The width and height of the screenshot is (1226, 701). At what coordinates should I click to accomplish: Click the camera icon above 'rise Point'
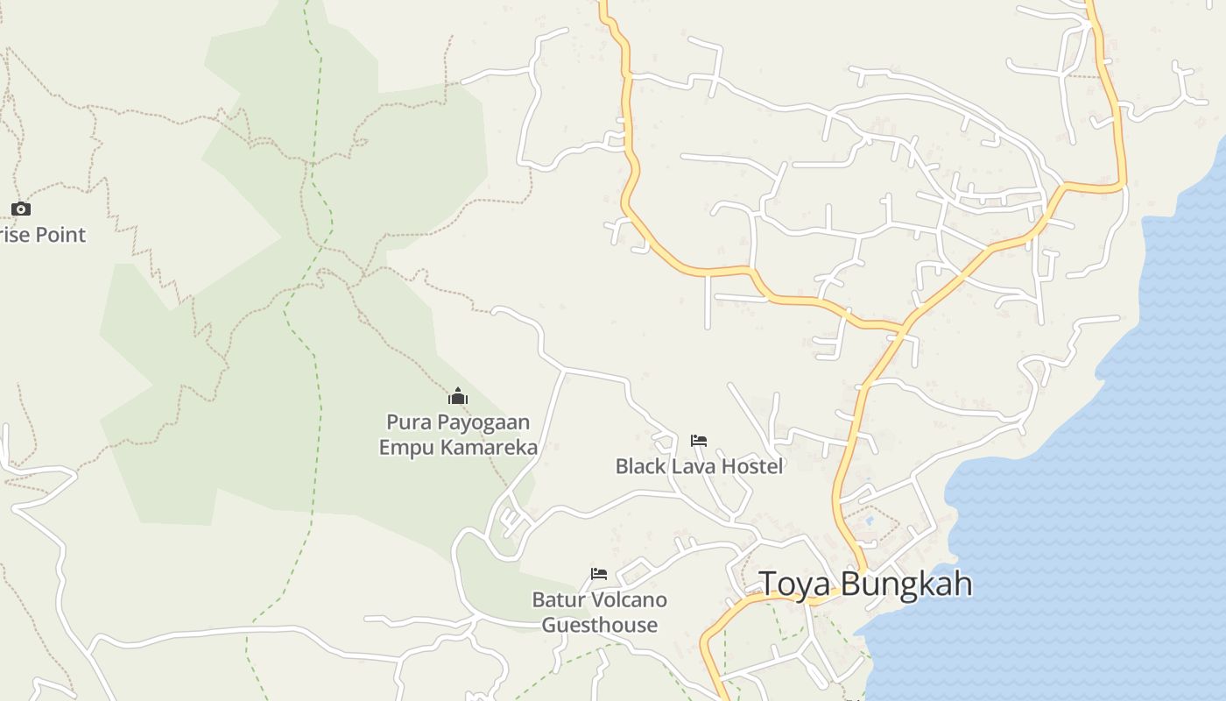(x=21, y=209)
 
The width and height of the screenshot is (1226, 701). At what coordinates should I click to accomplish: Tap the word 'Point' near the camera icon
(x=56, y=235)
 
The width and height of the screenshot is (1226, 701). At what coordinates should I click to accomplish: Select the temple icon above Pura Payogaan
(x=458, y=396)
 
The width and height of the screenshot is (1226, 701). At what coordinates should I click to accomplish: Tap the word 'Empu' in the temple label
(x=405, y=448)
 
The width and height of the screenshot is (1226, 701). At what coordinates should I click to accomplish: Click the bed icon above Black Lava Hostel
(x=698, y=440)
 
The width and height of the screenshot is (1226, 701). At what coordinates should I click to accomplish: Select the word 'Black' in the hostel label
(x=641, y=466)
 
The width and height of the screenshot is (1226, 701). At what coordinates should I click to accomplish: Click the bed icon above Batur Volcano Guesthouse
(x=599, y=574)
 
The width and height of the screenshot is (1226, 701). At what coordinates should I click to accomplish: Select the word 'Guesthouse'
(x=600, y=625)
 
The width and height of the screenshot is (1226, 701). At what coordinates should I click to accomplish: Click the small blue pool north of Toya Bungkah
(x=870, y=520)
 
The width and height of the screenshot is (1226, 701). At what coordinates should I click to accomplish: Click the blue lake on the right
(x=1095, y=526)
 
